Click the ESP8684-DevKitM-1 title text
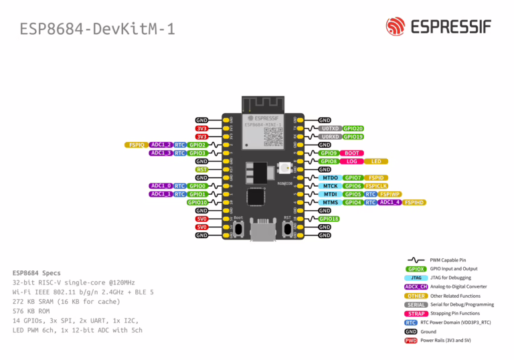(x=97, y=29)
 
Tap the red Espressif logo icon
(x=396, y=27)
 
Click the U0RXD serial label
(x=330, y=137)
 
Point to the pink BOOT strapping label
(x=352, y=153)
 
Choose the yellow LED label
(x=376, y=161)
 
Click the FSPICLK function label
(x=376, y=186)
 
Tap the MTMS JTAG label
(x=330, y=202)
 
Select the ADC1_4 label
(x=390, y=202)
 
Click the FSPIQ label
(x=137, y=145)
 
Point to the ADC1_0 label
(x=161, y=186)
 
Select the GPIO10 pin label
(x=197, y=202)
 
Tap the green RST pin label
(x=201, y=169)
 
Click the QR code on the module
(x=273, y=137)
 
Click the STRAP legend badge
(x=416, y=313)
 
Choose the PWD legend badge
(x=411, y=341)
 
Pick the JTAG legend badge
(x=416, y=277)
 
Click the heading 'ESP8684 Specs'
(x=36, y=273)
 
